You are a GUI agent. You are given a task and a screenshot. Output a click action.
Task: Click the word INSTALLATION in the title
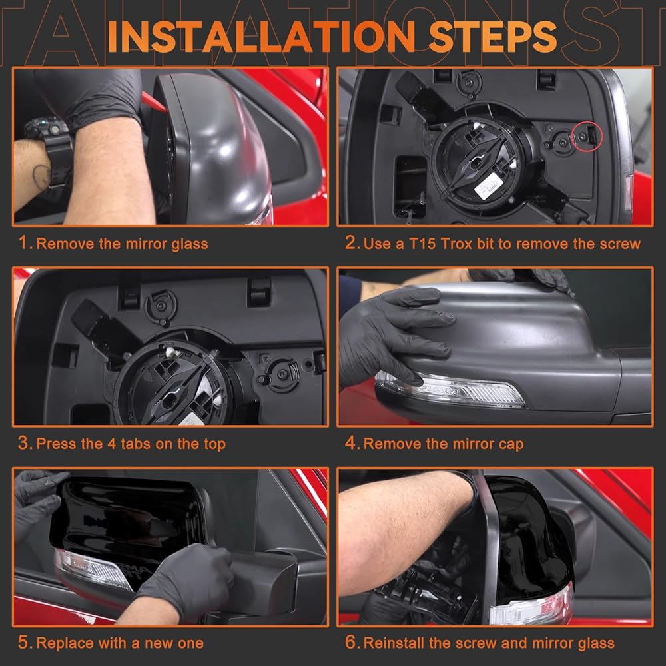pyautogui.click(x=261, y=37)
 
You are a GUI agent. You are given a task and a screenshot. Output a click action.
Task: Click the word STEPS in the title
pyautogui.click(x=492, y=37)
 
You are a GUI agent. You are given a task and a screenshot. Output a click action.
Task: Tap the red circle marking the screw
pyautogui.click(x=587, y=136)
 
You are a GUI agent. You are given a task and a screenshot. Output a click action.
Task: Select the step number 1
pyautogui.click(x=25, y=243)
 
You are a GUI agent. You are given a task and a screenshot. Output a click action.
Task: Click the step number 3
pyautogui.click(x=25, y=443)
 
